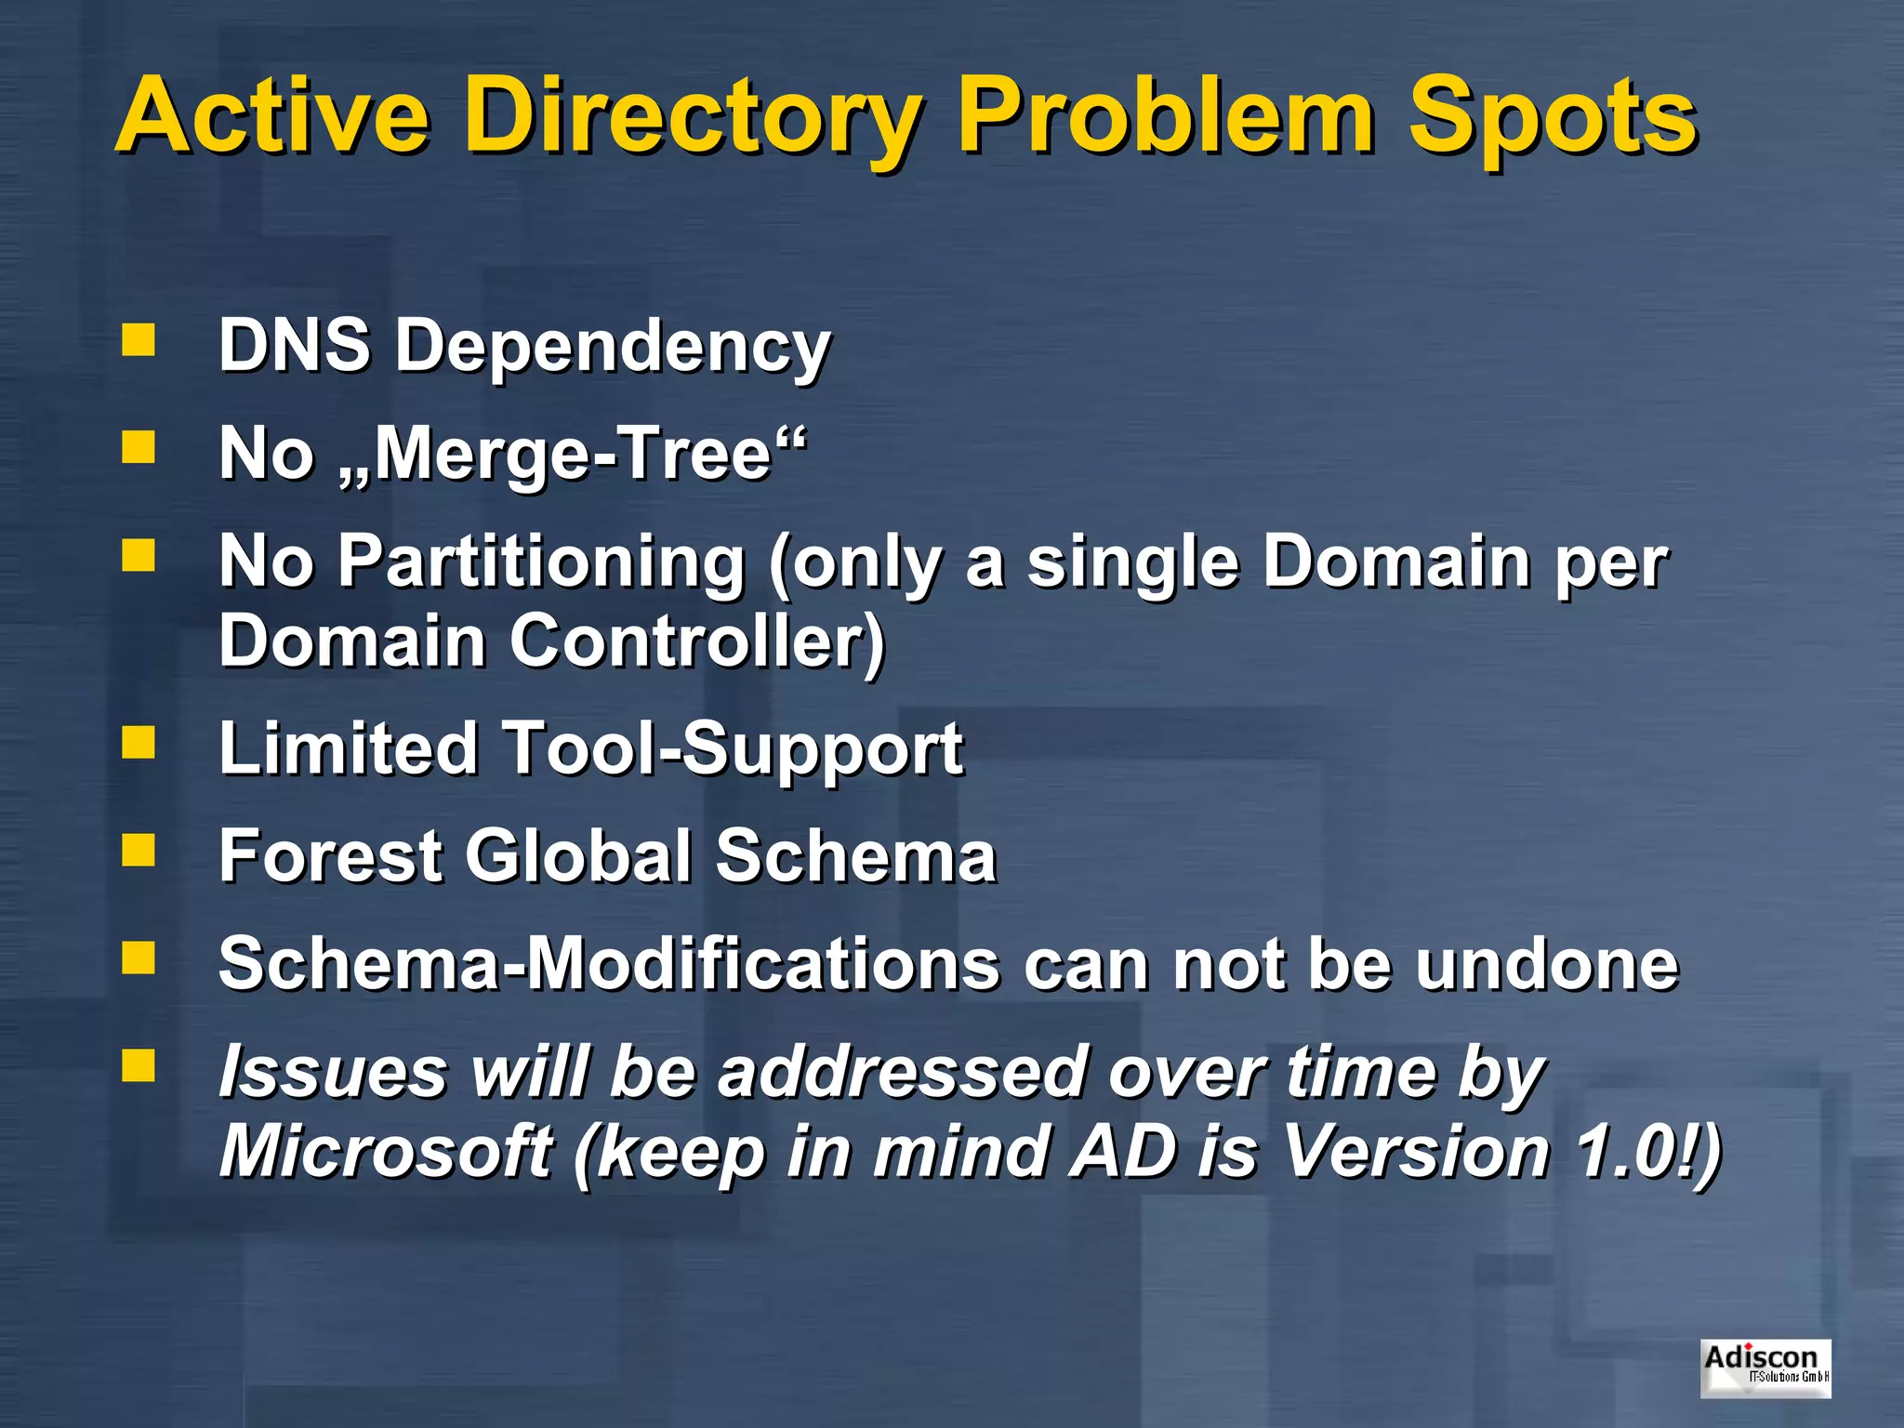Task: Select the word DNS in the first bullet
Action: point(294,345)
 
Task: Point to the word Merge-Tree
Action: point(573,454)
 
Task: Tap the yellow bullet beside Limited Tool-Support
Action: point(139,742)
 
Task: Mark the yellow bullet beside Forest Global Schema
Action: point(139,850)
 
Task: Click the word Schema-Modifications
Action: point(609,964)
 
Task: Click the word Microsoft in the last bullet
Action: point(386,1151)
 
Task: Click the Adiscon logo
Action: point(1765,1368)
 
